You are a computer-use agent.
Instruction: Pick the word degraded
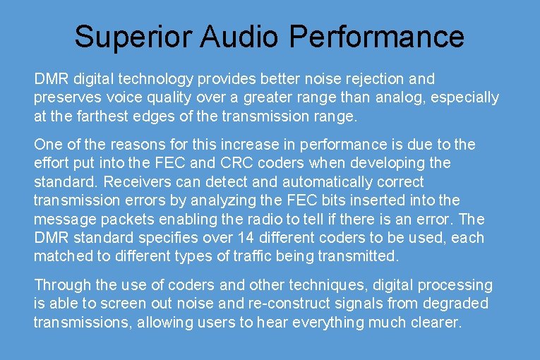click(x=453, y=304)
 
